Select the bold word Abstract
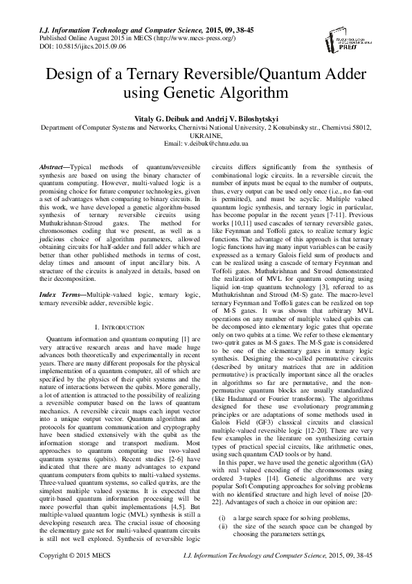pyautogui.click(x=50, y=169)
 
